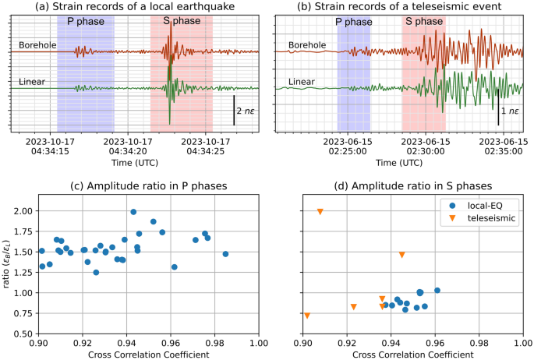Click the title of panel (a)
pyautogui.click(x=135, y=7)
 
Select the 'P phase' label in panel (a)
pyautogui.click(x=86, y=20)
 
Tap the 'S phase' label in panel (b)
pyautogui.click(x=423, y=21)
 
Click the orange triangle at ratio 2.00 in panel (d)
pyautogui.click(x=320, y=212)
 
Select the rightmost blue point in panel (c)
pyautogui.click(x=225, y=254)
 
